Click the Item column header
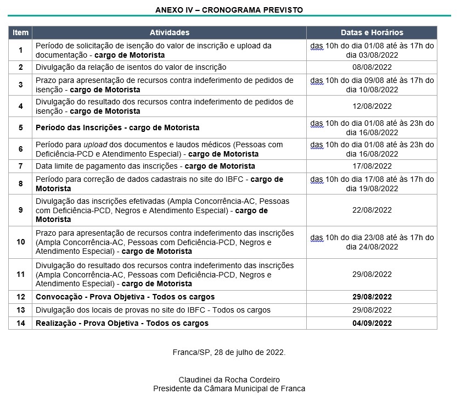(20, 33)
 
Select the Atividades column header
(169, 33)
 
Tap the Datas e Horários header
(372, 33)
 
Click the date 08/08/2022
(372, 67)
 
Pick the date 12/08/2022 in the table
(372, 107)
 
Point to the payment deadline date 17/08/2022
(372, 166)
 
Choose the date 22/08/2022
(372, 210)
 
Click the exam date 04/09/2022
(372, 323)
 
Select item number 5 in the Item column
(20, 127)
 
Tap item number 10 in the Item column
(20, 242)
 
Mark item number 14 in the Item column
(20, 323)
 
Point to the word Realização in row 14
(55, 323)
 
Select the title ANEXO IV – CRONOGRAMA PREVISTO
(229, 10)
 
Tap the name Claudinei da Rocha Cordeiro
(229, 380)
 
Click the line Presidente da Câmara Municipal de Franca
(229, 388)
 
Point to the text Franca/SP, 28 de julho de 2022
(229, 352)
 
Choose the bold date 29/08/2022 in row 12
(372, 297)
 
